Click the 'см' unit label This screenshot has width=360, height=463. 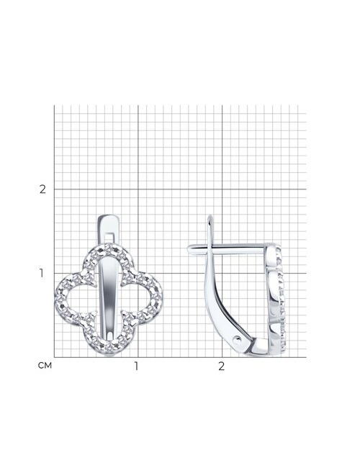(x=45, y=366)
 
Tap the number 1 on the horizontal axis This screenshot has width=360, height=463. (x=136, y=366)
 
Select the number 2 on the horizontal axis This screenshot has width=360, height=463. (x=222, y=366)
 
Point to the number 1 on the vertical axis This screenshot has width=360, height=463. (x=42, y=273)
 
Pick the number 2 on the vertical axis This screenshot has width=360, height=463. (x=42, y=189)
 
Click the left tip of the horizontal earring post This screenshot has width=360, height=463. (x=187, y=249)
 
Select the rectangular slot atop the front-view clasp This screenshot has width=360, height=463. (x=109, y=237)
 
